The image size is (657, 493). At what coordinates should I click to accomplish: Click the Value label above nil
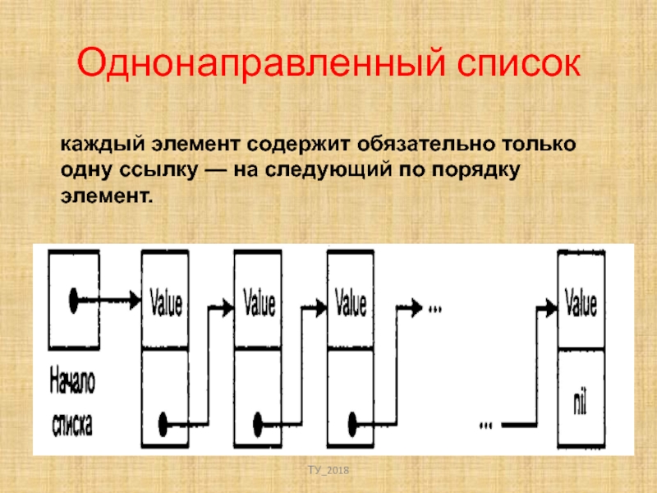click(x=581, y=302)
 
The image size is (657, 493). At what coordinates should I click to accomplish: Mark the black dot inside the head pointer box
click(x=75, y=298)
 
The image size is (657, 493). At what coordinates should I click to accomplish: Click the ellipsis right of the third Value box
click(x=434, y=309)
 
